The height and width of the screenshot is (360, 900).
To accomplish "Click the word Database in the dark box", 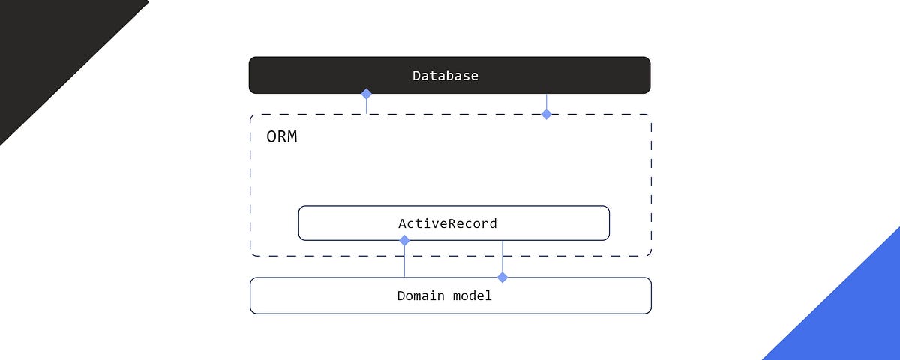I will [x=445, y=76].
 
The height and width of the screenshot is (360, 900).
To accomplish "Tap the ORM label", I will [x=282, y=137].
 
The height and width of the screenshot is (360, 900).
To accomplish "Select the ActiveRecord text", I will [x=447, y=223].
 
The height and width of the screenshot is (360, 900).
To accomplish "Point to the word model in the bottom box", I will [x=472, y=295].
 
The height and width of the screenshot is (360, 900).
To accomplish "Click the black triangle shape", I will [x=45, y=45].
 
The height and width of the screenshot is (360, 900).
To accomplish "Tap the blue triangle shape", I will [x=855, y=315].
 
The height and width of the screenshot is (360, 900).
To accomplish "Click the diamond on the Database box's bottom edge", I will [x=367, y=94].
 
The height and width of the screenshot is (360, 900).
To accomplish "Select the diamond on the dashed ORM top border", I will [x=547, y=114].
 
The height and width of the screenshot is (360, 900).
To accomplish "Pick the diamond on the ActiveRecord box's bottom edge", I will [x=404, y=240].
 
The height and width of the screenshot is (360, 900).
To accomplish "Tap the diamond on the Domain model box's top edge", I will [x=502, y=277].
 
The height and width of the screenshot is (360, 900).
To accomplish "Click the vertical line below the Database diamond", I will [x=367, y=106].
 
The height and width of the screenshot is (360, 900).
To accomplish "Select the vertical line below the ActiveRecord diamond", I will [x=404, y=261].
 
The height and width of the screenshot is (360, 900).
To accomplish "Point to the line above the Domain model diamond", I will [x=502, y=256].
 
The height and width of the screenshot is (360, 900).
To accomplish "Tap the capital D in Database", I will [x=416, y=76].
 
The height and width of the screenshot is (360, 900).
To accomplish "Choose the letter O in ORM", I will [x=271, y=137].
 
